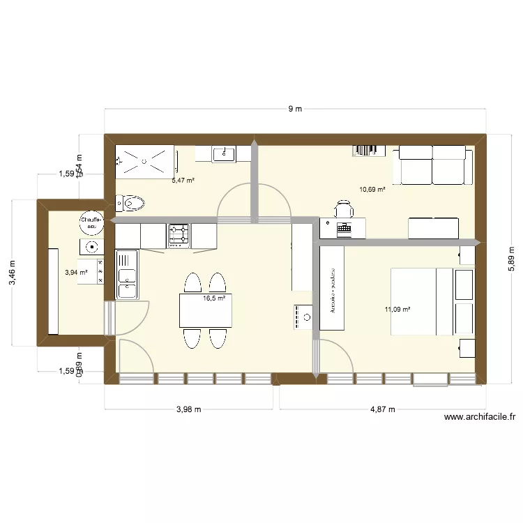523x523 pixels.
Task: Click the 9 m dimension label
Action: click(296, 109)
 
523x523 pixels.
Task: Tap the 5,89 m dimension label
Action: click(511, 258)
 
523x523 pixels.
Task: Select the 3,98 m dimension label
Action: click(188, 409)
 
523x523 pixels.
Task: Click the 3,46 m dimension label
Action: click(11, 273)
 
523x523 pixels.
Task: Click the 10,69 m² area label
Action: click(372, 189)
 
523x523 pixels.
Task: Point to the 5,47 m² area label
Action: click(183, 180)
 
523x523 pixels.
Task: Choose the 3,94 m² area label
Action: click(76, 273)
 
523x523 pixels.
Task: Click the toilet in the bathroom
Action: click(130, 204)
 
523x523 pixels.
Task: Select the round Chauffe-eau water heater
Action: click(91, 222)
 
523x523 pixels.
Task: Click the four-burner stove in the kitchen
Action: click(179, 235)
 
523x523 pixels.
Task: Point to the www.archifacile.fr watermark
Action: click(480, 418)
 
